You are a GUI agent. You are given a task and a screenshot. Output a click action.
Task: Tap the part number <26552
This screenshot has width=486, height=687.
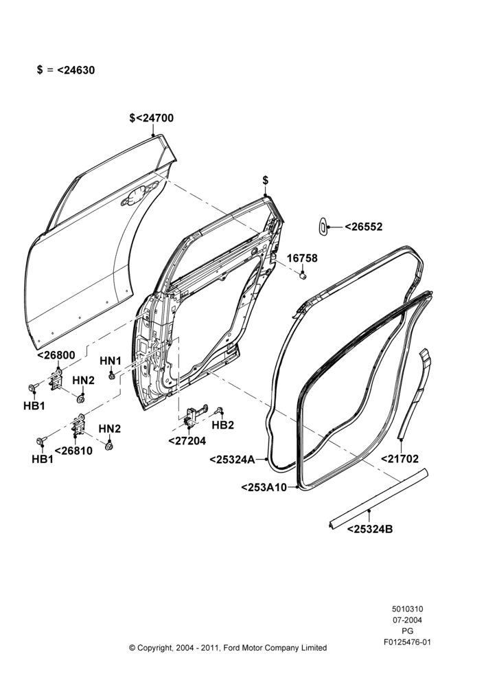coord(363,227)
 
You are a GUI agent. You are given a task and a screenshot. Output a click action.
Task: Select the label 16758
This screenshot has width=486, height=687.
coord(302,258)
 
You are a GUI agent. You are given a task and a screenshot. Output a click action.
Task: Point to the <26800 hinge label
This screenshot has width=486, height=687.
coord(56,355)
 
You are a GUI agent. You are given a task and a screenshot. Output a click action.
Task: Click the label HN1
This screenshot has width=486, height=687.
coord(111,361)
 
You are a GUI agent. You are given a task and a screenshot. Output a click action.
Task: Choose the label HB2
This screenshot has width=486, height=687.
coord(223,425)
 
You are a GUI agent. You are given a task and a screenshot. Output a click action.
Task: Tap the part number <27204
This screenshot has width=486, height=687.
coord(187,441)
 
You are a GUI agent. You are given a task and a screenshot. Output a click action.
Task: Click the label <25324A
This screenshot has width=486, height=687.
coord(232,460)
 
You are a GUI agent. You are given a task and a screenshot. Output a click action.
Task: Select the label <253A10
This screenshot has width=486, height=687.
coord(264,487)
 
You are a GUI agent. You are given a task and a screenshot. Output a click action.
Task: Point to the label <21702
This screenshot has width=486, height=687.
coord(400,459)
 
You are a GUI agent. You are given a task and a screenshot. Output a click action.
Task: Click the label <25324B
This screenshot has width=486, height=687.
coord(370,529)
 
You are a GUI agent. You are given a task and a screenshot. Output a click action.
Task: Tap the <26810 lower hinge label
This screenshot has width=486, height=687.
coord(73,451)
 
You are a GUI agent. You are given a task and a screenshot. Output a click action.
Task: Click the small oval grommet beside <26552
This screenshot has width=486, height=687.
coord(322,226)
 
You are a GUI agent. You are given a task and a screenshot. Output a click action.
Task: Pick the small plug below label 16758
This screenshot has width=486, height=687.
coord(303,275)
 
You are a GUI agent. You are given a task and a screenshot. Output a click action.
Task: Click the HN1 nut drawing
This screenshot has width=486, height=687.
coord(112,376)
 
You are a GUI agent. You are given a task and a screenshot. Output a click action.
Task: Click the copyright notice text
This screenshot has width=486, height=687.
coord(228,648)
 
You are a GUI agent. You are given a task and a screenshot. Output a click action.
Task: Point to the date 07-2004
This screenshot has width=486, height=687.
coord(407,620)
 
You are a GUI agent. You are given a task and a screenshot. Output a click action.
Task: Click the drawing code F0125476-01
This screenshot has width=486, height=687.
coord(407,642)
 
